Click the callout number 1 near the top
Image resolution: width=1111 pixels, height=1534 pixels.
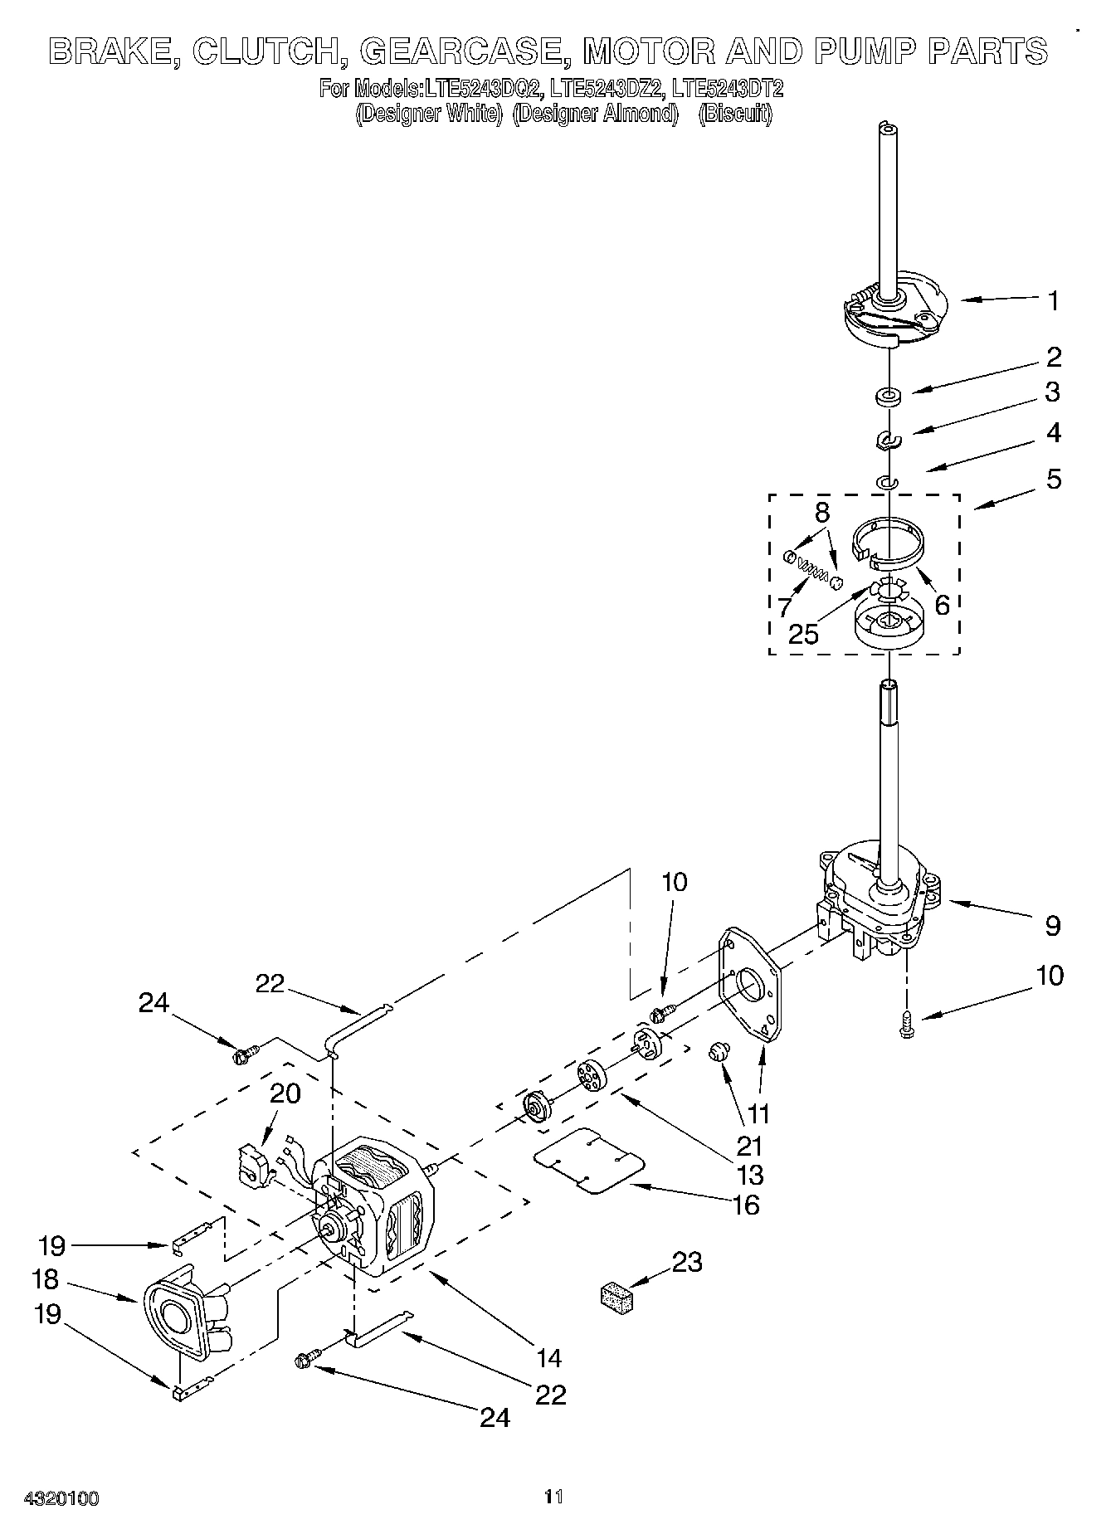click(1053, 300)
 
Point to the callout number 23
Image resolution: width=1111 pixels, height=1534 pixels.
click(687, 1262)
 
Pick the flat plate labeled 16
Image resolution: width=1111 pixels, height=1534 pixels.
click(590, 1161)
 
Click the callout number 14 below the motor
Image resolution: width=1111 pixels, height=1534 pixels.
click(548, 1358)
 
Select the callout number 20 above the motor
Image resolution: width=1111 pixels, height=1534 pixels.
click(285, 1093)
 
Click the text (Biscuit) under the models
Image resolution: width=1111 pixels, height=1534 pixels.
click(734, 114)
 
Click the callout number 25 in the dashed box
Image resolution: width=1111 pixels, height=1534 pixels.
click(803, 634)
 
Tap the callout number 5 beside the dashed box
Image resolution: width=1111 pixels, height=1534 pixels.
click(1053, 479)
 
